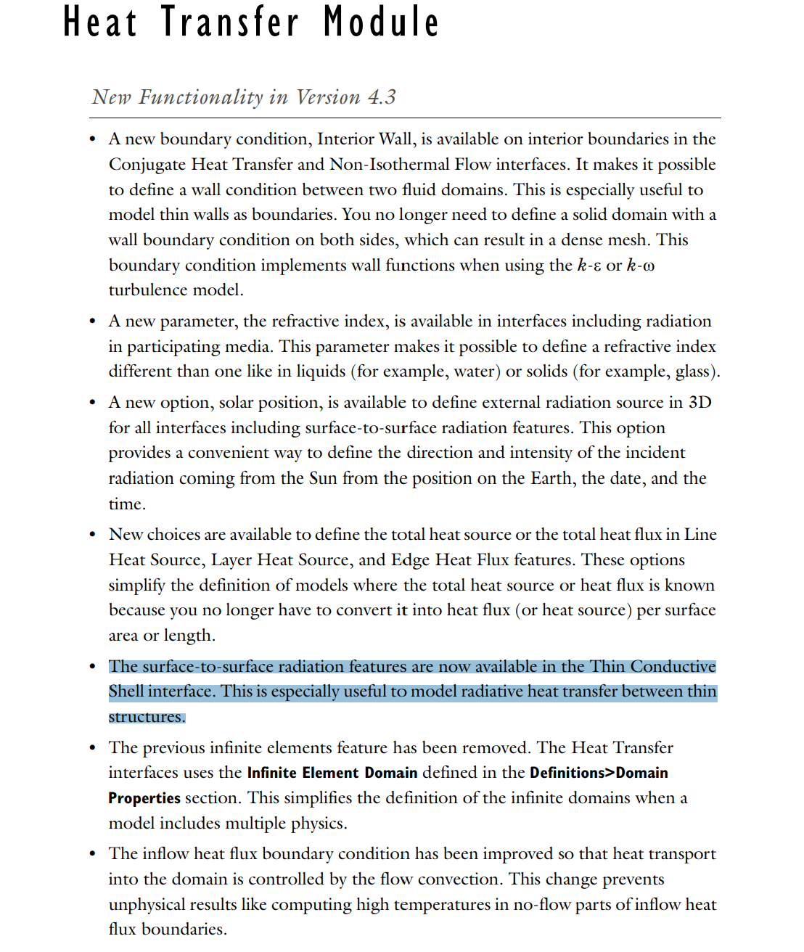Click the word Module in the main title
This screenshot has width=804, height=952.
pyautogui.click(x=381, y=22)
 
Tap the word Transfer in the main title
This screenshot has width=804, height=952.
pyautogui.click(x=229, y=22)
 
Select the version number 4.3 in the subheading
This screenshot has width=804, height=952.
pyautogui.click(x=382, y=97)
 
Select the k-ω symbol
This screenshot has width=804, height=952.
pyautogui.click(x=641, y=266)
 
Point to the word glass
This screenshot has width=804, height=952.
pyautogui.click(x=692, y=372)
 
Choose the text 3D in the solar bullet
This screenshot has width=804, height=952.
pyautogui.click(x=700, y=403)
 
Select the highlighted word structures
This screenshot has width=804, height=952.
pyautogui.click(x=147, y=717)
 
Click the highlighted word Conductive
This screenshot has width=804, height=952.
pyautogui.click(x=673, y=667)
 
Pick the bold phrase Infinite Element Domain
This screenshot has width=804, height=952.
pyautogui.click(x=332, y=773)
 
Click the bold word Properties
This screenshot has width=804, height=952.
pyautogui.click(x=144, y=798)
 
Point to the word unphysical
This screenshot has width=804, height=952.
pyautogui.click(x=152, y=905)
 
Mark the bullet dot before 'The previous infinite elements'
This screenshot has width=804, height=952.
pyautogui.click(x=92, y=748)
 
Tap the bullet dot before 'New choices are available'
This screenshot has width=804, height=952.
pyautogui.click(x=92, y=535)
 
